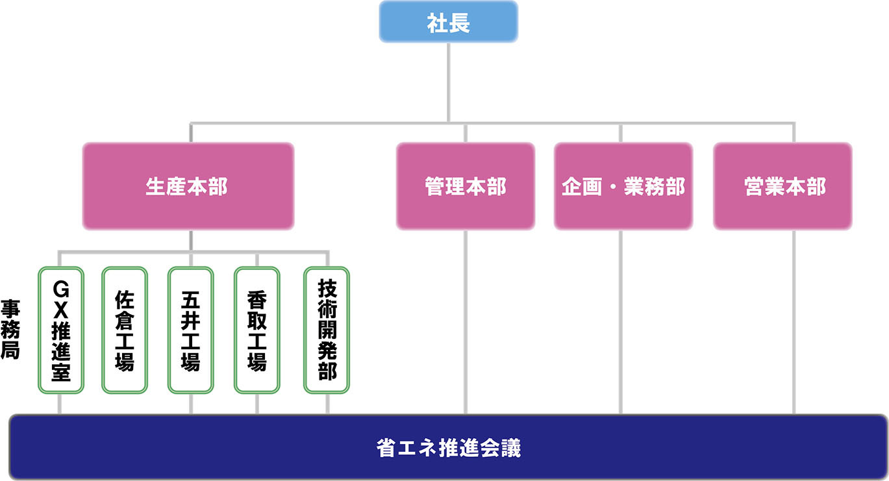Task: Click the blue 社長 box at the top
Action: (448, 23)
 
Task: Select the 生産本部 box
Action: (188, 187)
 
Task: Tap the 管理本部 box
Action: (465, 187)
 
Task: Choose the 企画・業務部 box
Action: (623, 187)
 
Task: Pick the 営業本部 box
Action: (782, 187)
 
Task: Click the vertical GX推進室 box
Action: (60, 330)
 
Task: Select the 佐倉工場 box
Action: (124, 330)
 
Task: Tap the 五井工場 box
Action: (190, 330)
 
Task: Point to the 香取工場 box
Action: (257, 330)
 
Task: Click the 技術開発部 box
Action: (327, 330)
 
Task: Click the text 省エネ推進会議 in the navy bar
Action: (448, 448)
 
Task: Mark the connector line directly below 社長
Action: (448, 81)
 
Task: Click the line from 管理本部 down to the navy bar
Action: (465, 321)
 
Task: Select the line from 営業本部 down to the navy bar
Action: (794, 321)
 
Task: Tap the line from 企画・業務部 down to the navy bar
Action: (621, 321)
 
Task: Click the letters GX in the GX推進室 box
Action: (60, 296)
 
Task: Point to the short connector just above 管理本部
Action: (465, 132)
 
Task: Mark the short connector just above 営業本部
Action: (794, 132)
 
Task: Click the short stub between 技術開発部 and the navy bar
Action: (327, 404)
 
